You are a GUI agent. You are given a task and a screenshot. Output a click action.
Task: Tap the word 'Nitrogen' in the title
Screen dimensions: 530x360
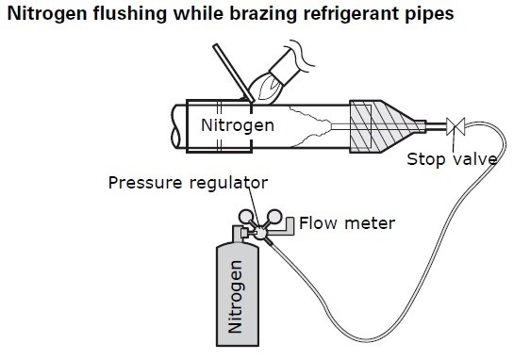47,14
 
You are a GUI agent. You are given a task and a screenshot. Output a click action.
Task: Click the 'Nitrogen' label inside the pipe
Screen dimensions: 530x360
238,125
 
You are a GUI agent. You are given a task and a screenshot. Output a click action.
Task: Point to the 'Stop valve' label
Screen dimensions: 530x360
452,159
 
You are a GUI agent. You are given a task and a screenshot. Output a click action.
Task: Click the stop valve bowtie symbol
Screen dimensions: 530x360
455,126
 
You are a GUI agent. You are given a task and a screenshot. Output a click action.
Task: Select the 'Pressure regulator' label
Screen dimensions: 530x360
188,183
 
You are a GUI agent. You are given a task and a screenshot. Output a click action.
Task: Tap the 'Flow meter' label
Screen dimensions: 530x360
347,223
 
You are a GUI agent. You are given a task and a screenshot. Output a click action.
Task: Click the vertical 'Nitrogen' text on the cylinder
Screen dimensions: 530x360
235,297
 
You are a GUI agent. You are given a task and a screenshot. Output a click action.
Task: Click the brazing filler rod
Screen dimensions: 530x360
234,73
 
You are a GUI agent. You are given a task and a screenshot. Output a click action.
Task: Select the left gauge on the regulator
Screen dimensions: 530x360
246,217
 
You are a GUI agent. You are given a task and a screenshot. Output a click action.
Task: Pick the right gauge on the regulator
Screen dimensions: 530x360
274,217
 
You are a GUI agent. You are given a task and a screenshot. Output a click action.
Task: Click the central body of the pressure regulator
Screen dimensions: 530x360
260,232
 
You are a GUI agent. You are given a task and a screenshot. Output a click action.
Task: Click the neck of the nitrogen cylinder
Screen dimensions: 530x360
237,234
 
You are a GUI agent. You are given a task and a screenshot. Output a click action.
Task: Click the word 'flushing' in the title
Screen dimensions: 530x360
129,14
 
